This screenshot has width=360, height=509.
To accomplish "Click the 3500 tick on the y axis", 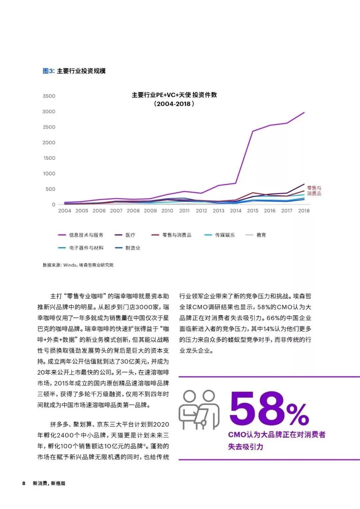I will coord(49,96).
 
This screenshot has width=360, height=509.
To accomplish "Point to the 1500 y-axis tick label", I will coord(49,158).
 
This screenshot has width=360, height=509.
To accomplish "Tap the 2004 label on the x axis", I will coord(65,211).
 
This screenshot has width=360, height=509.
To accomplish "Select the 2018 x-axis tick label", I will coord(304,211).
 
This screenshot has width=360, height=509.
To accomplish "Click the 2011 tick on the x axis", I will coord(184,211).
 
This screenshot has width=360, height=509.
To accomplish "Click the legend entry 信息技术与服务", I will coord(86,235).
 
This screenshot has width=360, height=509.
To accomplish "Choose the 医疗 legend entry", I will coord(130,235).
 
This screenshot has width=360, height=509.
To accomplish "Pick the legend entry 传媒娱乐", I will coord(225,235).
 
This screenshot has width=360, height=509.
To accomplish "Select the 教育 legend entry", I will coord(261,235).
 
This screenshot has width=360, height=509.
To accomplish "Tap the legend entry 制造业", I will coord(133,248).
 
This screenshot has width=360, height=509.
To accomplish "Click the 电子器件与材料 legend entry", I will coord(86,248).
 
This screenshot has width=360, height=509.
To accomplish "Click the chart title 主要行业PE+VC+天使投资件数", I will coord(174,95).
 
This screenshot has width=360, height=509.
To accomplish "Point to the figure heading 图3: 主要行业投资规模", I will coord(74,71).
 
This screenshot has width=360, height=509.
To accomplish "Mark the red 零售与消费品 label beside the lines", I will coord(314,191).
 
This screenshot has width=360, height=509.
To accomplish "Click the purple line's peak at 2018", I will coord(304,113).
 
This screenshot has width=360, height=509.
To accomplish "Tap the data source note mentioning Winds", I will coord(78,265).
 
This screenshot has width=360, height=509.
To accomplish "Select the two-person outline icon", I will coord(199,410).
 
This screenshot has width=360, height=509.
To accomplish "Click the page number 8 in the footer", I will coord(24,483).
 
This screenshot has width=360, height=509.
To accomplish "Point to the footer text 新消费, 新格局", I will coord(49,483).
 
